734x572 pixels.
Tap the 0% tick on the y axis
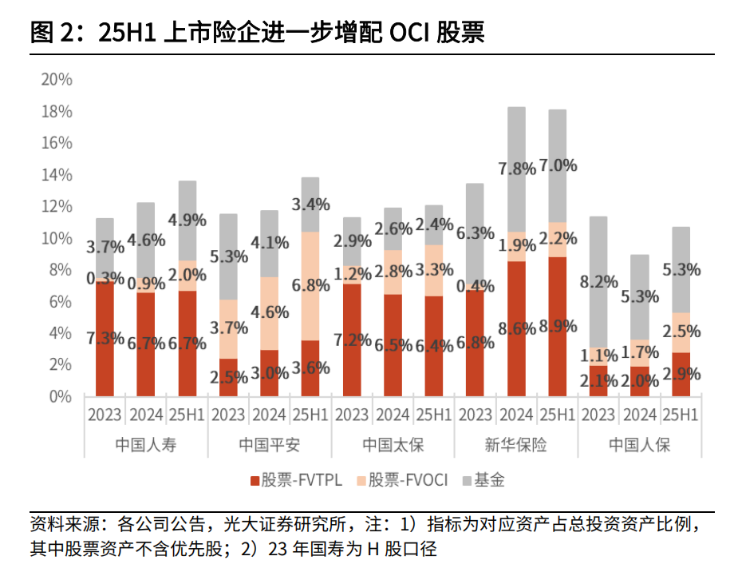[62, 396]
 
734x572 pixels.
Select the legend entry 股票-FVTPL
[296, 480]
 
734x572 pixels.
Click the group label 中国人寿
[146, 445]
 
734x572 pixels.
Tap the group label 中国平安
[270, 445]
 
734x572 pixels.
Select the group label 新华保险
[516, 445]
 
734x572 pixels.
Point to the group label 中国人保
[640, 445]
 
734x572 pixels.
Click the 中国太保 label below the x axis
[393, 445]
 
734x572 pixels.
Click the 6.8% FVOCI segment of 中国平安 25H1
[310, 286]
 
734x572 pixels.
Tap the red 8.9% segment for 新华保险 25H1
[557, 326]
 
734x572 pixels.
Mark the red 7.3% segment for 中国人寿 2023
[105, 339]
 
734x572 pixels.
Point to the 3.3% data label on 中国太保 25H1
[434, 269]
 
